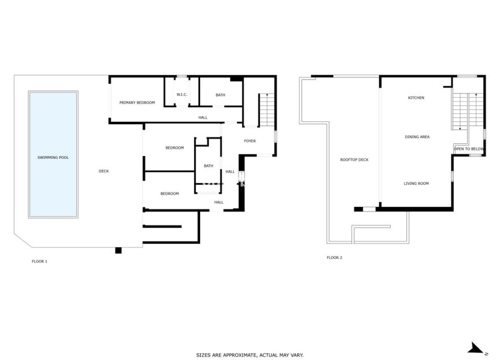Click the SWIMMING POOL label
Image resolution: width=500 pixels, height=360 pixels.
(53, 157)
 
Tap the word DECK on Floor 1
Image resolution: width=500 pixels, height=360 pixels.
(103, 170)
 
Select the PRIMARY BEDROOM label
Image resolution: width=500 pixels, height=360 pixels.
(137, 102)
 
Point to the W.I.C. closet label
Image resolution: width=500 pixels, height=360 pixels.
(182, 95)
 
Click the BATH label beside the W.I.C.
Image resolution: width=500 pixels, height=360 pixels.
(220, 95)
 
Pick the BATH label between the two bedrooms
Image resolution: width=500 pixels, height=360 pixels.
(208, 166)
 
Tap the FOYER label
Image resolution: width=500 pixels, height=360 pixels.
(250, 141)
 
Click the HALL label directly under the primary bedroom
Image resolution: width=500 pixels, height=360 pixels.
(203, 117)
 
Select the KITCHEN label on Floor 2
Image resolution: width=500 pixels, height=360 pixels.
(416, 98)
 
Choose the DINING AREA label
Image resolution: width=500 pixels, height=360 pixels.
(417, 137)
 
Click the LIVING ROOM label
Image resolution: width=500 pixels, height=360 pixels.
(416, 183)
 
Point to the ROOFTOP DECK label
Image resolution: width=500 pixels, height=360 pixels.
(355, 159)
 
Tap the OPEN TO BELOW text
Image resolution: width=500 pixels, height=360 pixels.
(469, 149)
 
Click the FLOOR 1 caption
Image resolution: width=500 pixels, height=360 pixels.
(39, 261)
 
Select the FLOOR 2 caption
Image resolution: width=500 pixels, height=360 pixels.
(335, 257)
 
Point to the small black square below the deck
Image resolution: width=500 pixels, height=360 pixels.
(118, 250)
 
